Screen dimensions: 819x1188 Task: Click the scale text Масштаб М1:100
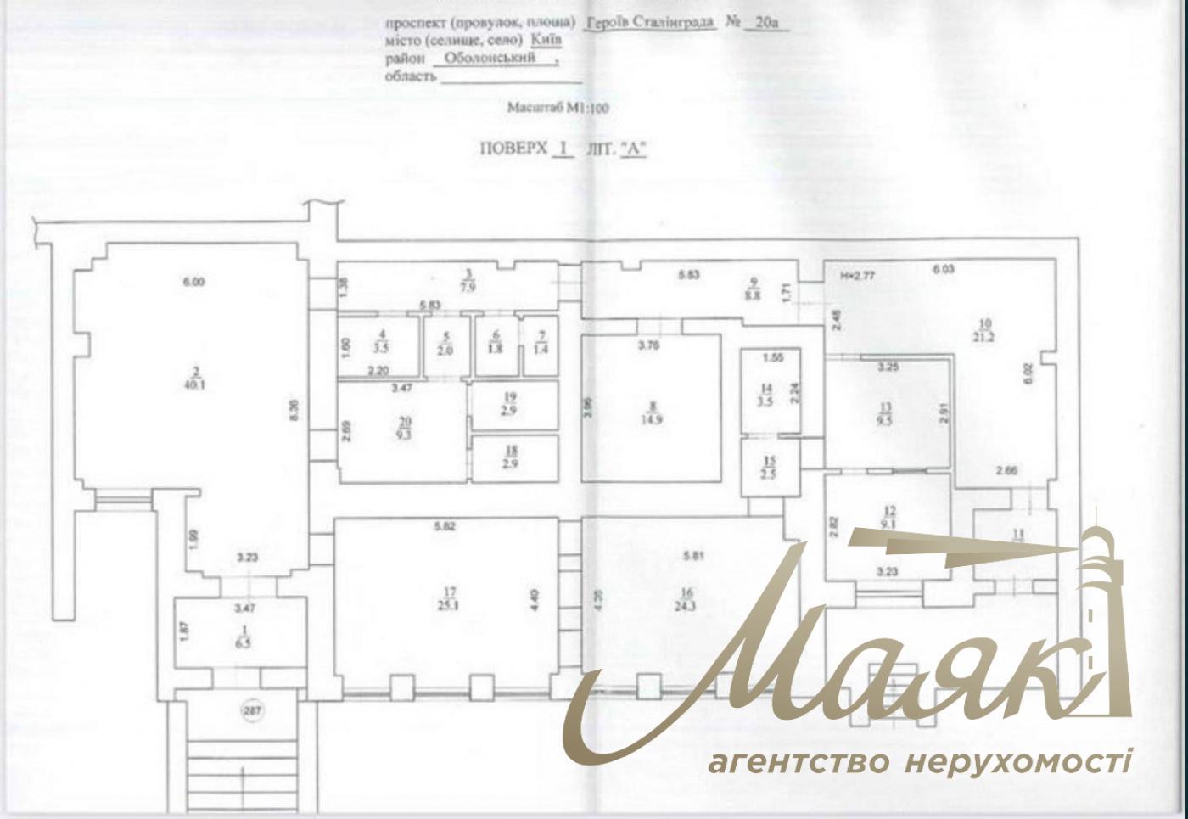pyautogui.click(x=558, y=108)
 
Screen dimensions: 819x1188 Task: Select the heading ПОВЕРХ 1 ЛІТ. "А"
pyautogui.click(x=563, y=148)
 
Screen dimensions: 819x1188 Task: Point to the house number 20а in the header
pyautogui.click(x=766, y=24)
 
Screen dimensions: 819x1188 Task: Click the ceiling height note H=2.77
pyautogui.click(x=857, y=276)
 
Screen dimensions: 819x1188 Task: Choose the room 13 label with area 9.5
pyautogui.click(x=888, y=418)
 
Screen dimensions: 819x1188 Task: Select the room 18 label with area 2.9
pyautogui.click(x=511, y=458)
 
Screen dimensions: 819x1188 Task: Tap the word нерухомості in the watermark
pyautogui.click(x=1018, y=761)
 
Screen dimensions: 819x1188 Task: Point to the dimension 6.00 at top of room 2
pyautogui.click(x=194, y=283)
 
